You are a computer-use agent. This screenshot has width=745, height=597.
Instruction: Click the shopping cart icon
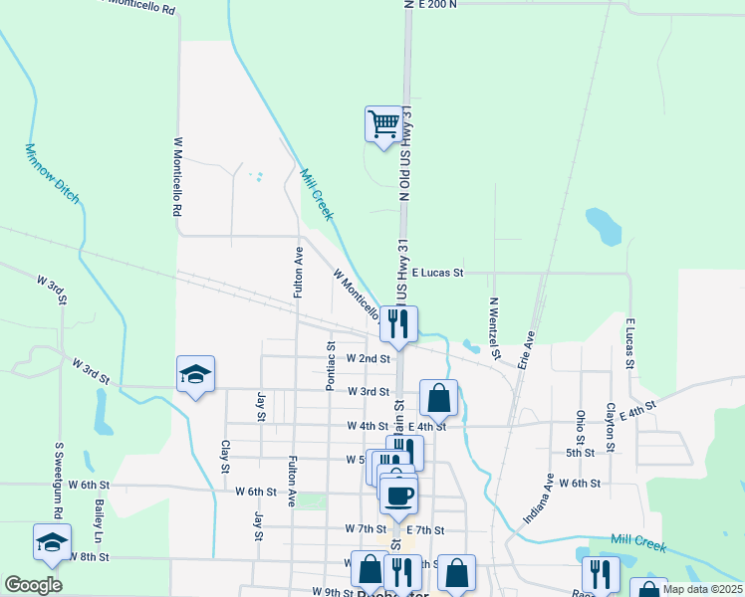tap(382, 124)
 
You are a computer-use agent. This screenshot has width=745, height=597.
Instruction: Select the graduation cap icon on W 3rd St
tap(195, 374)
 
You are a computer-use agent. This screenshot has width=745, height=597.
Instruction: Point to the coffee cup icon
tap(398, 494)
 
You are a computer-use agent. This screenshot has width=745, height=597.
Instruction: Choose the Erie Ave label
tap(526, 350)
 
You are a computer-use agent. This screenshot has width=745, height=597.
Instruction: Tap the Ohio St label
tap(580, 425)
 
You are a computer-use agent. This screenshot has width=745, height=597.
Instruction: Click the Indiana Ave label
tap(539, 498)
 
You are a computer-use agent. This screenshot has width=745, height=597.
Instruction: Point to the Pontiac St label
tap(330, 365)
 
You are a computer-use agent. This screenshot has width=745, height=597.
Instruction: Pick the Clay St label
tap(225, 456)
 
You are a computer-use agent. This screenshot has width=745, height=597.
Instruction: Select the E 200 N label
tap(438, 5)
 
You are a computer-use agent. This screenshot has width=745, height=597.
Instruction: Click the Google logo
tap(33, 585)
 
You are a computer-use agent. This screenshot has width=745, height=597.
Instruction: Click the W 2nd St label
tap(368, 358)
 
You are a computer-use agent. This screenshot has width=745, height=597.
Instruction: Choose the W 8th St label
tap(88, 558)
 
